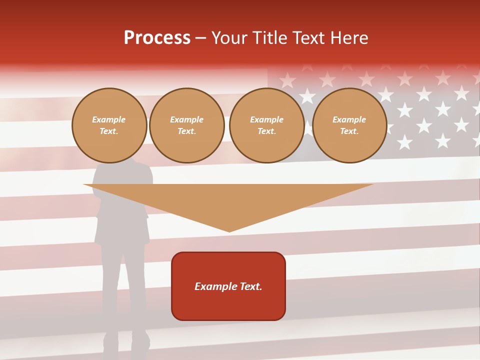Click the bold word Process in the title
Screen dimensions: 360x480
click(x=157, y=37)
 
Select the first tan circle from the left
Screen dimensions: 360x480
click(x=109, y=125)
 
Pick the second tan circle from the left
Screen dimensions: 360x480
click(x=186, y=125)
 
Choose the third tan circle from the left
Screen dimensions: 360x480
click(x=266, y=125)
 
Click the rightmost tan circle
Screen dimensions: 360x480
click(x=349, y=125)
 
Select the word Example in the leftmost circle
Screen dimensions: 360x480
click(x=109, y=119)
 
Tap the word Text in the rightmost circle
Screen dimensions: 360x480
click(x=349, y=131)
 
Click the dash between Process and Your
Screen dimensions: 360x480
click(x=200, y=38)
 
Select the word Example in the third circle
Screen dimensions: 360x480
click(x=266, y=119)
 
